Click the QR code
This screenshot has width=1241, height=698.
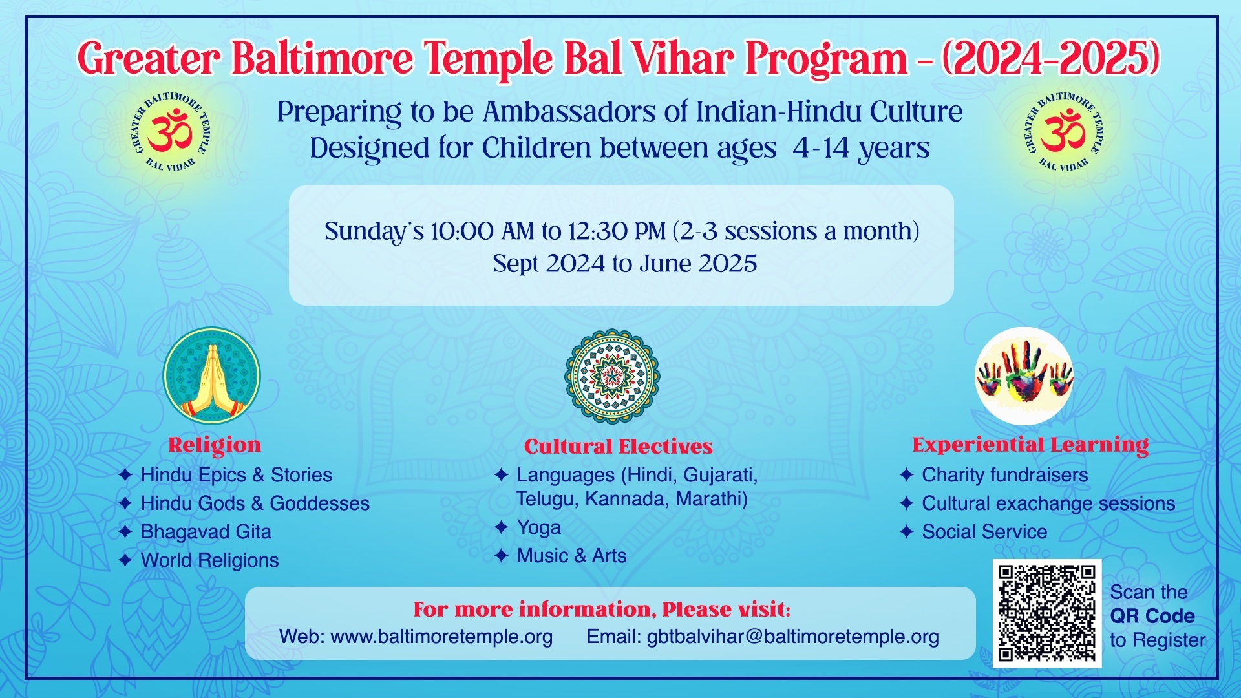pyautogui.click(x=1047, y=613)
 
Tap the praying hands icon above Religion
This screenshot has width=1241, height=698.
pyautogui.click(x=211, y=375)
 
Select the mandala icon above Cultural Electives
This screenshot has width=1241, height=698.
pyautogui.click(x=612, y=376)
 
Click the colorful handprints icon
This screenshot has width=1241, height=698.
pyautogui.click(x=1024, y=376)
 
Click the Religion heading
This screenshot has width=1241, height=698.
pyautogui.click(x=215, y=445)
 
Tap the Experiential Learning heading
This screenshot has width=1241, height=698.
pyautogui.click(x=1030, y=445)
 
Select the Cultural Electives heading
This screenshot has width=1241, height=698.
pyautogui.click(x=618, y=447)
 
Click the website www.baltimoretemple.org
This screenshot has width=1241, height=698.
pyautogui.click(x=441, y=637)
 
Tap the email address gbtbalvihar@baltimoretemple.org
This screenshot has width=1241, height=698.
pyautogui.click(x=793, y=637)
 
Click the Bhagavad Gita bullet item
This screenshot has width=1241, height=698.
pyautogui.click(x=206, y=532)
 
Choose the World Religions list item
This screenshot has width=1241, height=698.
pyautogui.click(x=209, y=560)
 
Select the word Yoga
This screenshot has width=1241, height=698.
pyautogui.click(x=538, y=528)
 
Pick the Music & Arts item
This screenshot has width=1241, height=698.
pyautogui.click(x=571, y=556)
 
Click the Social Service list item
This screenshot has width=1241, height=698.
pyautogui.click(x=984, y=532)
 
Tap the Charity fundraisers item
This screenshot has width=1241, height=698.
pyautogui.click(x=1005, y=475)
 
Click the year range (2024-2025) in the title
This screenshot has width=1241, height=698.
pyautogui.click(x=1051, y=58)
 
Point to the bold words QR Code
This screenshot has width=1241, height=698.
pyautogui.click(x=1152, y=616)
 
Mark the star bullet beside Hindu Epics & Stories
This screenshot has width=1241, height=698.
pyautogui.click(x=125, y=475)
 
